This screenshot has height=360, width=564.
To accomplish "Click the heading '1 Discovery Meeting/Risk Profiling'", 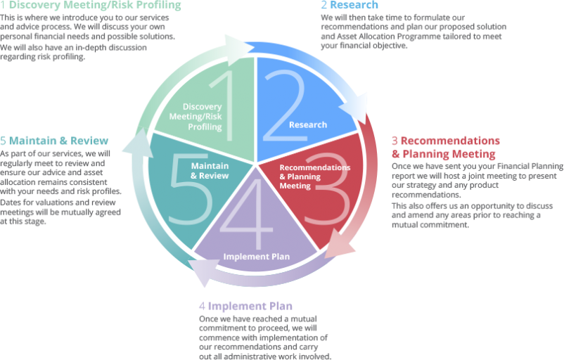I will tap(91, 6).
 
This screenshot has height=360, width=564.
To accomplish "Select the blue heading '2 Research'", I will tap(349, 5).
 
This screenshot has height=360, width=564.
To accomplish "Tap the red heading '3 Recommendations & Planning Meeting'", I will tap(444, 147).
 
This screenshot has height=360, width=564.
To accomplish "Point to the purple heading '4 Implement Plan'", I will tap(245, 306).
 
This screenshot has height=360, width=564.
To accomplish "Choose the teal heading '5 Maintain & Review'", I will tap(54, 141).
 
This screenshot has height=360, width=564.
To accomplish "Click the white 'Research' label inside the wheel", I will tap(307, 124).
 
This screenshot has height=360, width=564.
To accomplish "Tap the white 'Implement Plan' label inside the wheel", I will tap(256, 257).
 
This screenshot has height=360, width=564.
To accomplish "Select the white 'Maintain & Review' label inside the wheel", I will tap(210, 170).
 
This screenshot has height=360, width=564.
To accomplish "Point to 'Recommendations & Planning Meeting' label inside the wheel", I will tap(314, 176).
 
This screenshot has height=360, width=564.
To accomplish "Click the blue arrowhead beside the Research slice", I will tap(352, 111).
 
